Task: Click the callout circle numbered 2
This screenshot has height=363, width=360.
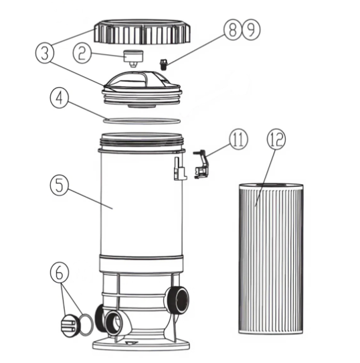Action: click(x=82, y=54)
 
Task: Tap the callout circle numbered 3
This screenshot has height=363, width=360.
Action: click(x=45, y=54)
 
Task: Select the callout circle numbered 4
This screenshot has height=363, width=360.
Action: click(x=60, y=98)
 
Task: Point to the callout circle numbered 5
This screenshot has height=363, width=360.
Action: click(x=60, y=186)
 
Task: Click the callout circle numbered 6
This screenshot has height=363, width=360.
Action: click(x=60, y=272)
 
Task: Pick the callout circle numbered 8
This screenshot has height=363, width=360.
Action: click(x=232, y=29)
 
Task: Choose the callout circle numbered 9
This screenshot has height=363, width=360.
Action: click(x=251, y=29)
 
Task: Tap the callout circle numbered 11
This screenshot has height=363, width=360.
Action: click(x=238, y=139)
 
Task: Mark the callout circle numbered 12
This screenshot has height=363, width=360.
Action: click(x=276, y=139)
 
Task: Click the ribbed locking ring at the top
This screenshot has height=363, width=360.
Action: click(x=142, y=32)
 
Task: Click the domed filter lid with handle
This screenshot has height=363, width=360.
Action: click(x=142, y=90)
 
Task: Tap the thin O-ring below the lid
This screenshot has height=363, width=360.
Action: click(x=142, y=121)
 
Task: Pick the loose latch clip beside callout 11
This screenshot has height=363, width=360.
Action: click(x=201, y=164)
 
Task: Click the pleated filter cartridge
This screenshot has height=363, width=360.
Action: click(x=271, y=259)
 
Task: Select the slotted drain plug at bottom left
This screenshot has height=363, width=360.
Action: click(x=69, y=325)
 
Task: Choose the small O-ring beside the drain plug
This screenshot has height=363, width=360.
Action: click(x=86, y=325)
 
